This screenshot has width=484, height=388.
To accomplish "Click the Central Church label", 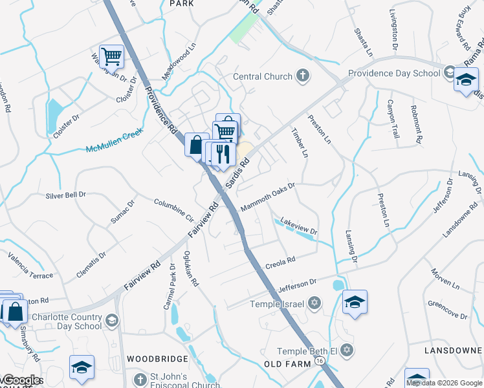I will coord(263,77).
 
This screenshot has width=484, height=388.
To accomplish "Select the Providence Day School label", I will coord(394,73).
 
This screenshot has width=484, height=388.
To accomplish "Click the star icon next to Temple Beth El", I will coord(347,350).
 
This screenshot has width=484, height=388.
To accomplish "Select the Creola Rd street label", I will coord(280,263).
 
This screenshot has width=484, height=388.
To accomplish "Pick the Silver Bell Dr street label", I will coord(65,195).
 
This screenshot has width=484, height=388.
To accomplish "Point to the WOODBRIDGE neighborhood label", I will coord(157,358).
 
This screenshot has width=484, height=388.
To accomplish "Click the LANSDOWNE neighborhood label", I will coord(453,350).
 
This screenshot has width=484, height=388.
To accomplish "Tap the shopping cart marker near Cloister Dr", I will coord(111,57).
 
